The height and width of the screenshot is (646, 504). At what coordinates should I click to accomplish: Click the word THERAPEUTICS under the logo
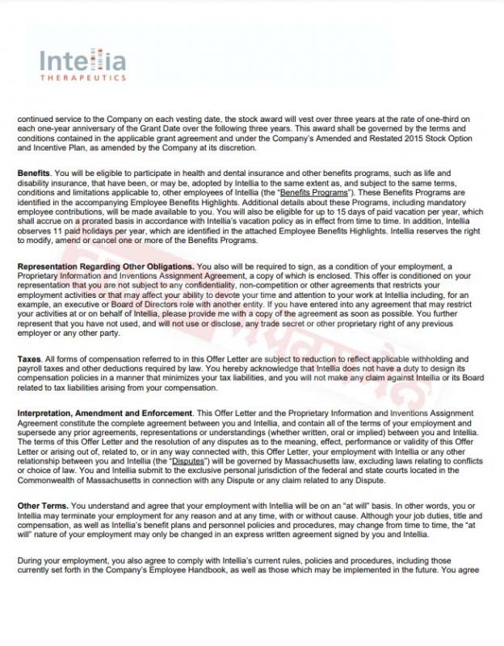[x=82, y=78]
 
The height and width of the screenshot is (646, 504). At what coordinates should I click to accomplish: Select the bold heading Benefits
[x=33, y=174]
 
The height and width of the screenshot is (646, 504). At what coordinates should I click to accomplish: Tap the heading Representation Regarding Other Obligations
[x=105, y=266]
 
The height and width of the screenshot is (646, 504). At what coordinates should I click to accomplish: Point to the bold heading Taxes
[x=30, y=358]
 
